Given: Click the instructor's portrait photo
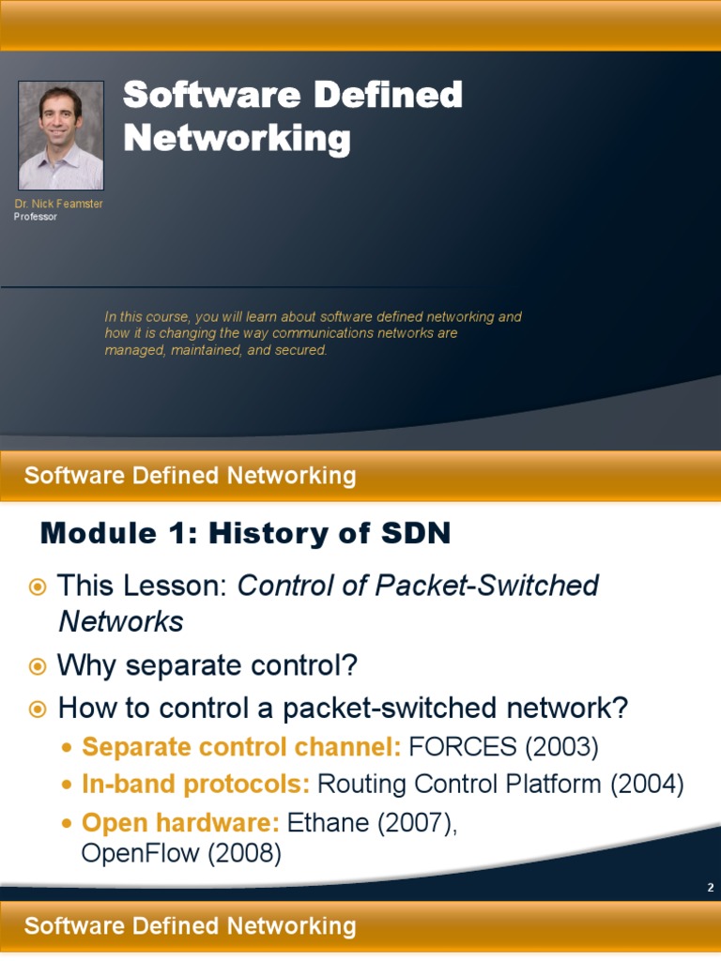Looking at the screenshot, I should [x=61, y=135].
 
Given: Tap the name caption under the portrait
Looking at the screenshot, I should [x=58, y=205].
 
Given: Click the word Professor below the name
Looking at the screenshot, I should [x=36, y=217].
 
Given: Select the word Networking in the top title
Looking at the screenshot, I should [x=237, y=139].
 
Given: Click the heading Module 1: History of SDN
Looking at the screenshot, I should [x=245, y=534].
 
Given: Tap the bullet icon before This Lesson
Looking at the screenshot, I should [x=38, y=587].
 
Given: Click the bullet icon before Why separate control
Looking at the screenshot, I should [x=38, y=666].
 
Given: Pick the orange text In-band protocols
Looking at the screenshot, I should [x=196, y=785].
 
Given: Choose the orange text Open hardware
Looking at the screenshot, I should [x=181, y=823].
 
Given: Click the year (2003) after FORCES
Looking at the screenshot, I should [x=561, y=747].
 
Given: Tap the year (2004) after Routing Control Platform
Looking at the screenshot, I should [x=647, y=785].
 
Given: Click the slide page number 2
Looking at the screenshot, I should [x=711, y=888].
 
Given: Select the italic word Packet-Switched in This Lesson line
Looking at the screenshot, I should [x=512, y=587].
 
